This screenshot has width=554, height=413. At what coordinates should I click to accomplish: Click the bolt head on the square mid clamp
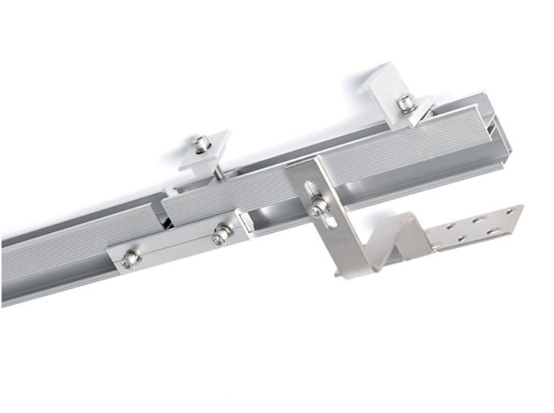tap(201, 141)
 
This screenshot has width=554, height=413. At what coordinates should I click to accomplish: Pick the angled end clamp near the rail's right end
tap(390, 87)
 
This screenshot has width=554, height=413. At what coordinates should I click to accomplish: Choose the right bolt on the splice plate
tap(222, 235)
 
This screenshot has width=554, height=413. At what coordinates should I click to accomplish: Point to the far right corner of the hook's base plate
tap(522, 206)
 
